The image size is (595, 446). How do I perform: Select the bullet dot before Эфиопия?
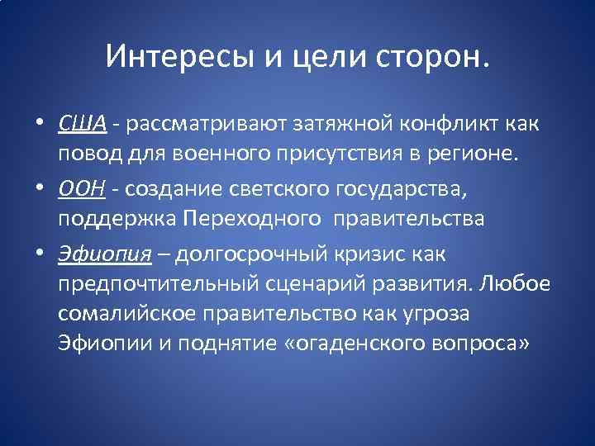click(40, 255)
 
